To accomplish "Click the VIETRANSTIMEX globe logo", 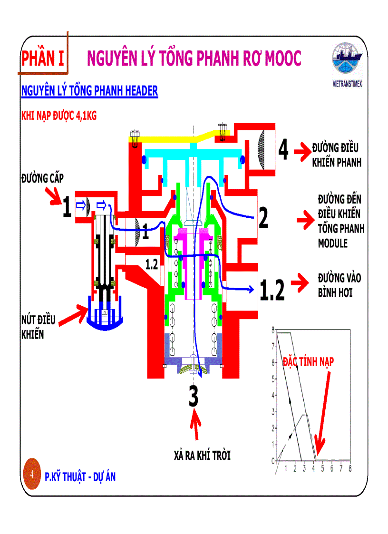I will pos(347,61).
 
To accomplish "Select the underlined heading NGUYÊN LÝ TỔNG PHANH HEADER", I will pos(89,91).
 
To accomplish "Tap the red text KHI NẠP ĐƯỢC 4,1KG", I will pos(59,116).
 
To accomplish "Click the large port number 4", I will pos(283,150).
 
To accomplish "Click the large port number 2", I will pos(263,218).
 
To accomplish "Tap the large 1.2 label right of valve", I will pos(272,290).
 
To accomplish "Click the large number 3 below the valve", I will pos(193,397).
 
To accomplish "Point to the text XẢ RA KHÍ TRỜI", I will pos(202,455).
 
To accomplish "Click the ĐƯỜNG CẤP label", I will pos(42,178).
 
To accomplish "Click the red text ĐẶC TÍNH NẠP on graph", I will pos(308,361).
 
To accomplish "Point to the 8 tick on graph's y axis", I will pos(272,330).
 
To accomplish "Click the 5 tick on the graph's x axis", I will pos(322,468).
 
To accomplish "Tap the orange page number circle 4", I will pos(31,475).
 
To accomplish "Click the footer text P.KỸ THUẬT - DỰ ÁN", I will pos(80,477).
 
